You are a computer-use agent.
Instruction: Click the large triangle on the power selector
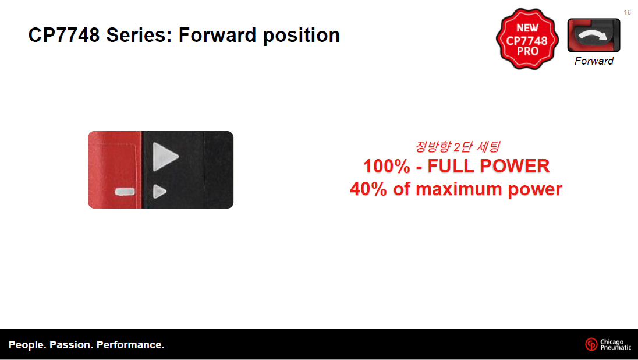pos(164,157)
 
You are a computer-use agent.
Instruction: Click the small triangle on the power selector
pos(159,192)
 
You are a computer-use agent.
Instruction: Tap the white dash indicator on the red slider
pos(125,192)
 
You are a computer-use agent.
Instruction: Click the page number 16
pos(627,12)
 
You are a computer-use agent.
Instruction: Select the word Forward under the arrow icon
pos(594,61)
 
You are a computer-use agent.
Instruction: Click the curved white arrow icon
pos(593,36)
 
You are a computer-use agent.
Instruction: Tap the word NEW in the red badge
pos(527,28)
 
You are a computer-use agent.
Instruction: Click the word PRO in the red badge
pos(528,51)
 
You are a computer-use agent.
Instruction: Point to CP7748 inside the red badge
pos(527,40)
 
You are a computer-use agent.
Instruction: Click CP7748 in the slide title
pos(64,35)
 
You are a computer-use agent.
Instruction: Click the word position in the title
pos(301,36)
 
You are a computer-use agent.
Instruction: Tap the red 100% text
pos(387,166)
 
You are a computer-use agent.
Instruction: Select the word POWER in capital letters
pos(515,166)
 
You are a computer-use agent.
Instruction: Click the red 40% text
pos(368,189)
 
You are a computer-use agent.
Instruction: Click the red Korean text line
pos(458,146)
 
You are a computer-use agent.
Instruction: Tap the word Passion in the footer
pos(70,345)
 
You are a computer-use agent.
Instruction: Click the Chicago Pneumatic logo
pos(608,344)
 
